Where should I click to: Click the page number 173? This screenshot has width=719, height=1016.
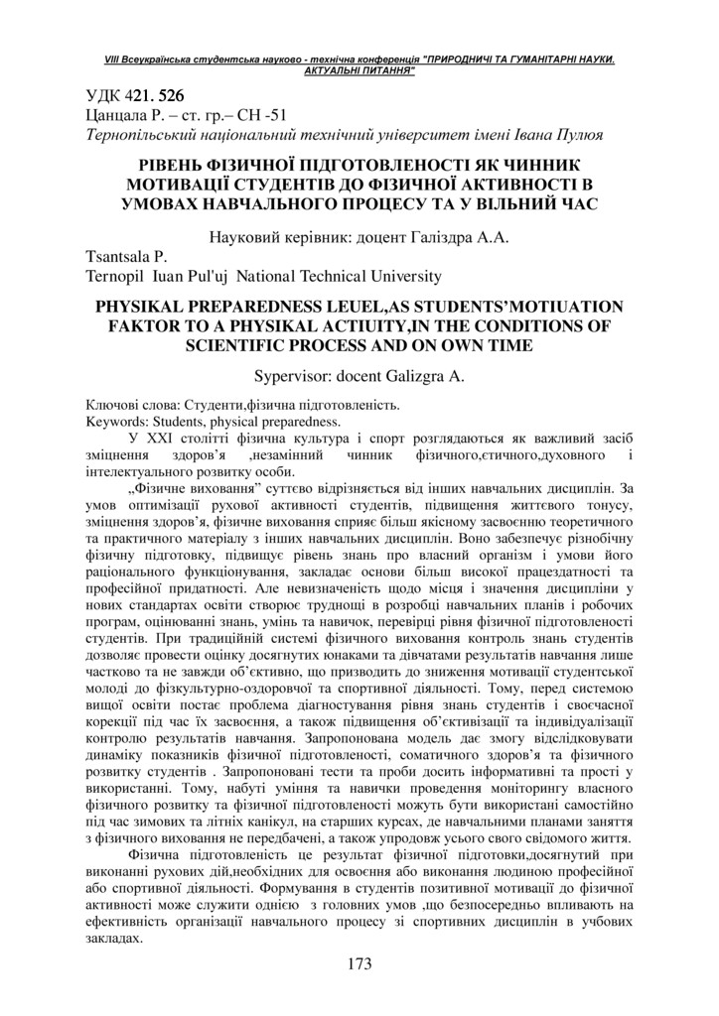click(359, 963)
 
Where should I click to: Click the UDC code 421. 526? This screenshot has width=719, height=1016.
click(155, 96)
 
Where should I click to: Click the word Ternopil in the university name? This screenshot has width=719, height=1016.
click(116, 277)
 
